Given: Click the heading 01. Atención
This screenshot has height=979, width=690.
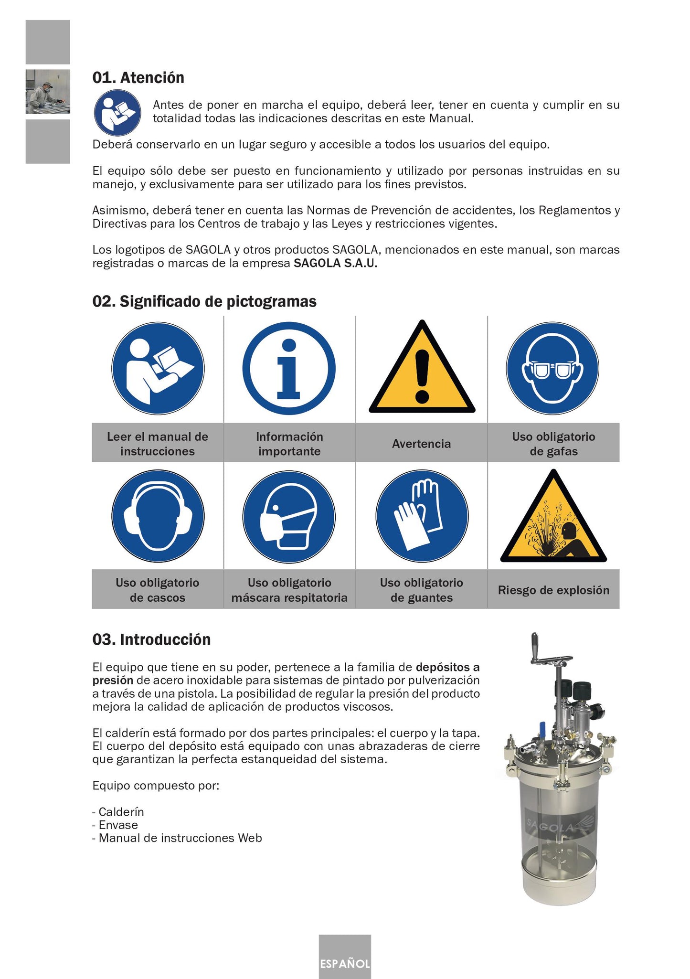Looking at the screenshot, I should (138, 78).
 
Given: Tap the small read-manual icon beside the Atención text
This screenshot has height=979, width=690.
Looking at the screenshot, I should (117, 113).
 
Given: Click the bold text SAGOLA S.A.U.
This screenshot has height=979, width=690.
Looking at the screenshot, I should (335, 263).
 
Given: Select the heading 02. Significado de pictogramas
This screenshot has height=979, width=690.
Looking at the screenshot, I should (204, 302).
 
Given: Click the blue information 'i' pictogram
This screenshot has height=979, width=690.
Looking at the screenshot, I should (289, 368).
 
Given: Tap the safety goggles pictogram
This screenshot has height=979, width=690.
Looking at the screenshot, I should (552, 368).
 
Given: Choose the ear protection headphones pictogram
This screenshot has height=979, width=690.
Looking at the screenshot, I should (158, 516).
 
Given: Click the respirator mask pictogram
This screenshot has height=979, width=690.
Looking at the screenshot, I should (289, 516).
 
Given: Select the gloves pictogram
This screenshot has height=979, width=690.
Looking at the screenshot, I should (422, 516).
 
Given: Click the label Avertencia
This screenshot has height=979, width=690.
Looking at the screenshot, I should (421, 444).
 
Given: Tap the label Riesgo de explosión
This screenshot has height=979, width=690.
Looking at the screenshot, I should (553, 590).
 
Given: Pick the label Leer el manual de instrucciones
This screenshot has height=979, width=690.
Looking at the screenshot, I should (158, 444).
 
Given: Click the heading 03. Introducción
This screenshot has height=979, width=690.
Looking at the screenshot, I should (151, 639).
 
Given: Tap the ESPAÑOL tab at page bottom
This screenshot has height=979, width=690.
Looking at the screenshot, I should (345, 963).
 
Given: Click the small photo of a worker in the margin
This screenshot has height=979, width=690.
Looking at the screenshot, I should (48, 92).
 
